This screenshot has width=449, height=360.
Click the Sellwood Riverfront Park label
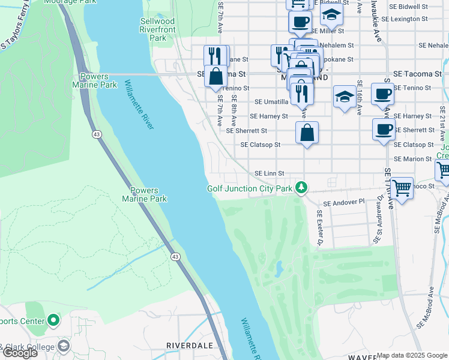pyautogui.click(x=157, y=29)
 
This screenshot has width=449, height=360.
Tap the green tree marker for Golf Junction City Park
pyautogui.click(x=301, y=188)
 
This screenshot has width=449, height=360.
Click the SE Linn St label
pyautogui.click(x=269, y=173)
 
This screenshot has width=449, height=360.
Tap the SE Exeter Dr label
pyautogui.click(x=319, y=230)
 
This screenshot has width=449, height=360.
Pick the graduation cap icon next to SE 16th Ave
pyautogui.click(x=344, y=98)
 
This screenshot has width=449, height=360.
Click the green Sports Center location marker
pyautogui.click(x=53, y=320)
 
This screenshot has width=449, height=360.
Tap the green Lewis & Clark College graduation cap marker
pyautogui.click(x=64, y=346)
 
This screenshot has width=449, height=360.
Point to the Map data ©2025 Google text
pyautogui.click(x=412, y=355)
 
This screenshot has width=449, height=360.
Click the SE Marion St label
pyautogui.click(x=413, y=159)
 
